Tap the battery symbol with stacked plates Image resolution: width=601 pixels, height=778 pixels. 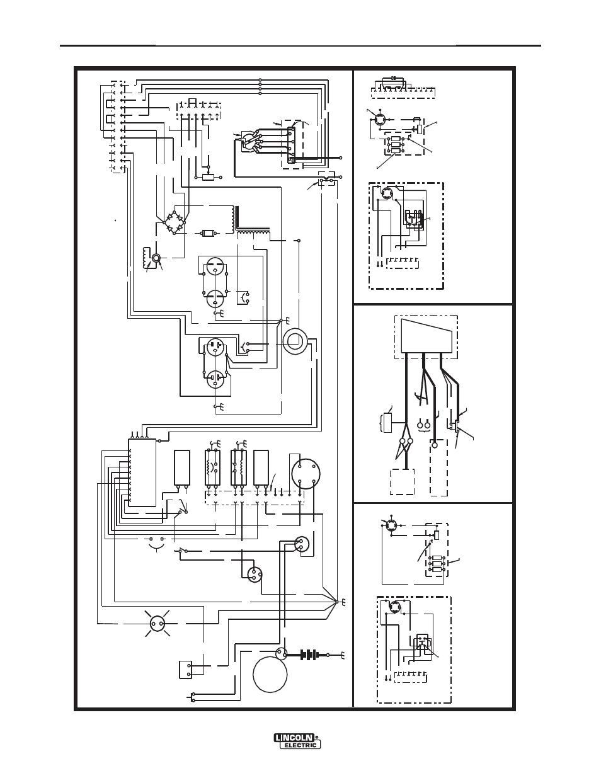coord(309,655)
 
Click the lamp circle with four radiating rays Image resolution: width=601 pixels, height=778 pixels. coord(157,623)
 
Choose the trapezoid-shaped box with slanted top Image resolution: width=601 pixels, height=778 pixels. coord(426,336)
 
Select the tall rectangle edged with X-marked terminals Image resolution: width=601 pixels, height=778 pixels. coord(142,472)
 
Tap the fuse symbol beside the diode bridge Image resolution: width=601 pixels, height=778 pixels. coord(209,233)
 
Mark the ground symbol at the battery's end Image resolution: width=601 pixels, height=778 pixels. coord(342,655)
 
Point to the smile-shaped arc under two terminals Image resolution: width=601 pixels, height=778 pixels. coord(156,546)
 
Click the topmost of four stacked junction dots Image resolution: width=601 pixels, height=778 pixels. coord(260,79)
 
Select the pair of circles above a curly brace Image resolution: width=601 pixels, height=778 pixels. coord(423,425)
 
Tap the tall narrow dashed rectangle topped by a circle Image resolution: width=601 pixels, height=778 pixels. coord(439,469)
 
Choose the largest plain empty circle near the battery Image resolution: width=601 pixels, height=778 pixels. coord(270,675)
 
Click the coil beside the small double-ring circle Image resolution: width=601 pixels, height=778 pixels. coord(146,258)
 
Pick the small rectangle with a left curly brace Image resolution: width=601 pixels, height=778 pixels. coord(386,423)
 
